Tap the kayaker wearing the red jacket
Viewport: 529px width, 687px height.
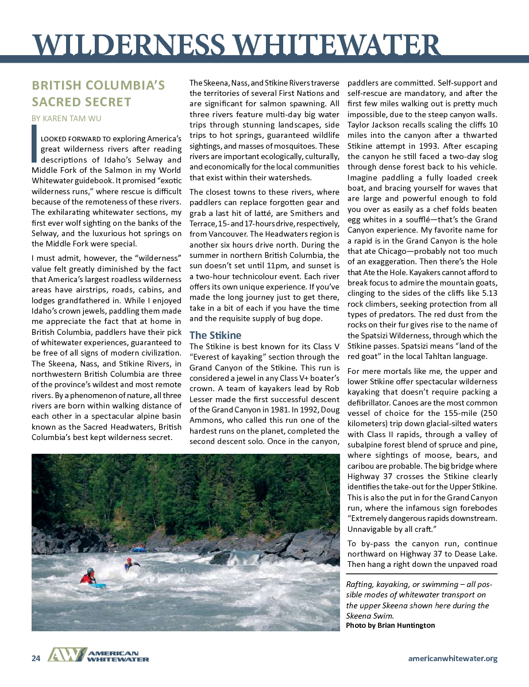click(88, 576)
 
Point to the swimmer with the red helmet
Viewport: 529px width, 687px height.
click(129, 564)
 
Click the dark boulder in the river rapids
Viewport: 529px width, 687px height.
click(221, 557)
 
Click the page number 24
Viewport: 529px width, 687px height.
click(36, 658)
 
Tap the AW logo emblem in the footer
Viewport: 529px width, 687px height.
click(67, 655)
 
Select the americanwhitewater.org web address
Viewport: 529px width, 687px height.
click(452, 658)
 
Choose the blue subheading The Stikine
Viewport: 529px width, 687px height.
click(215, 335)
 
